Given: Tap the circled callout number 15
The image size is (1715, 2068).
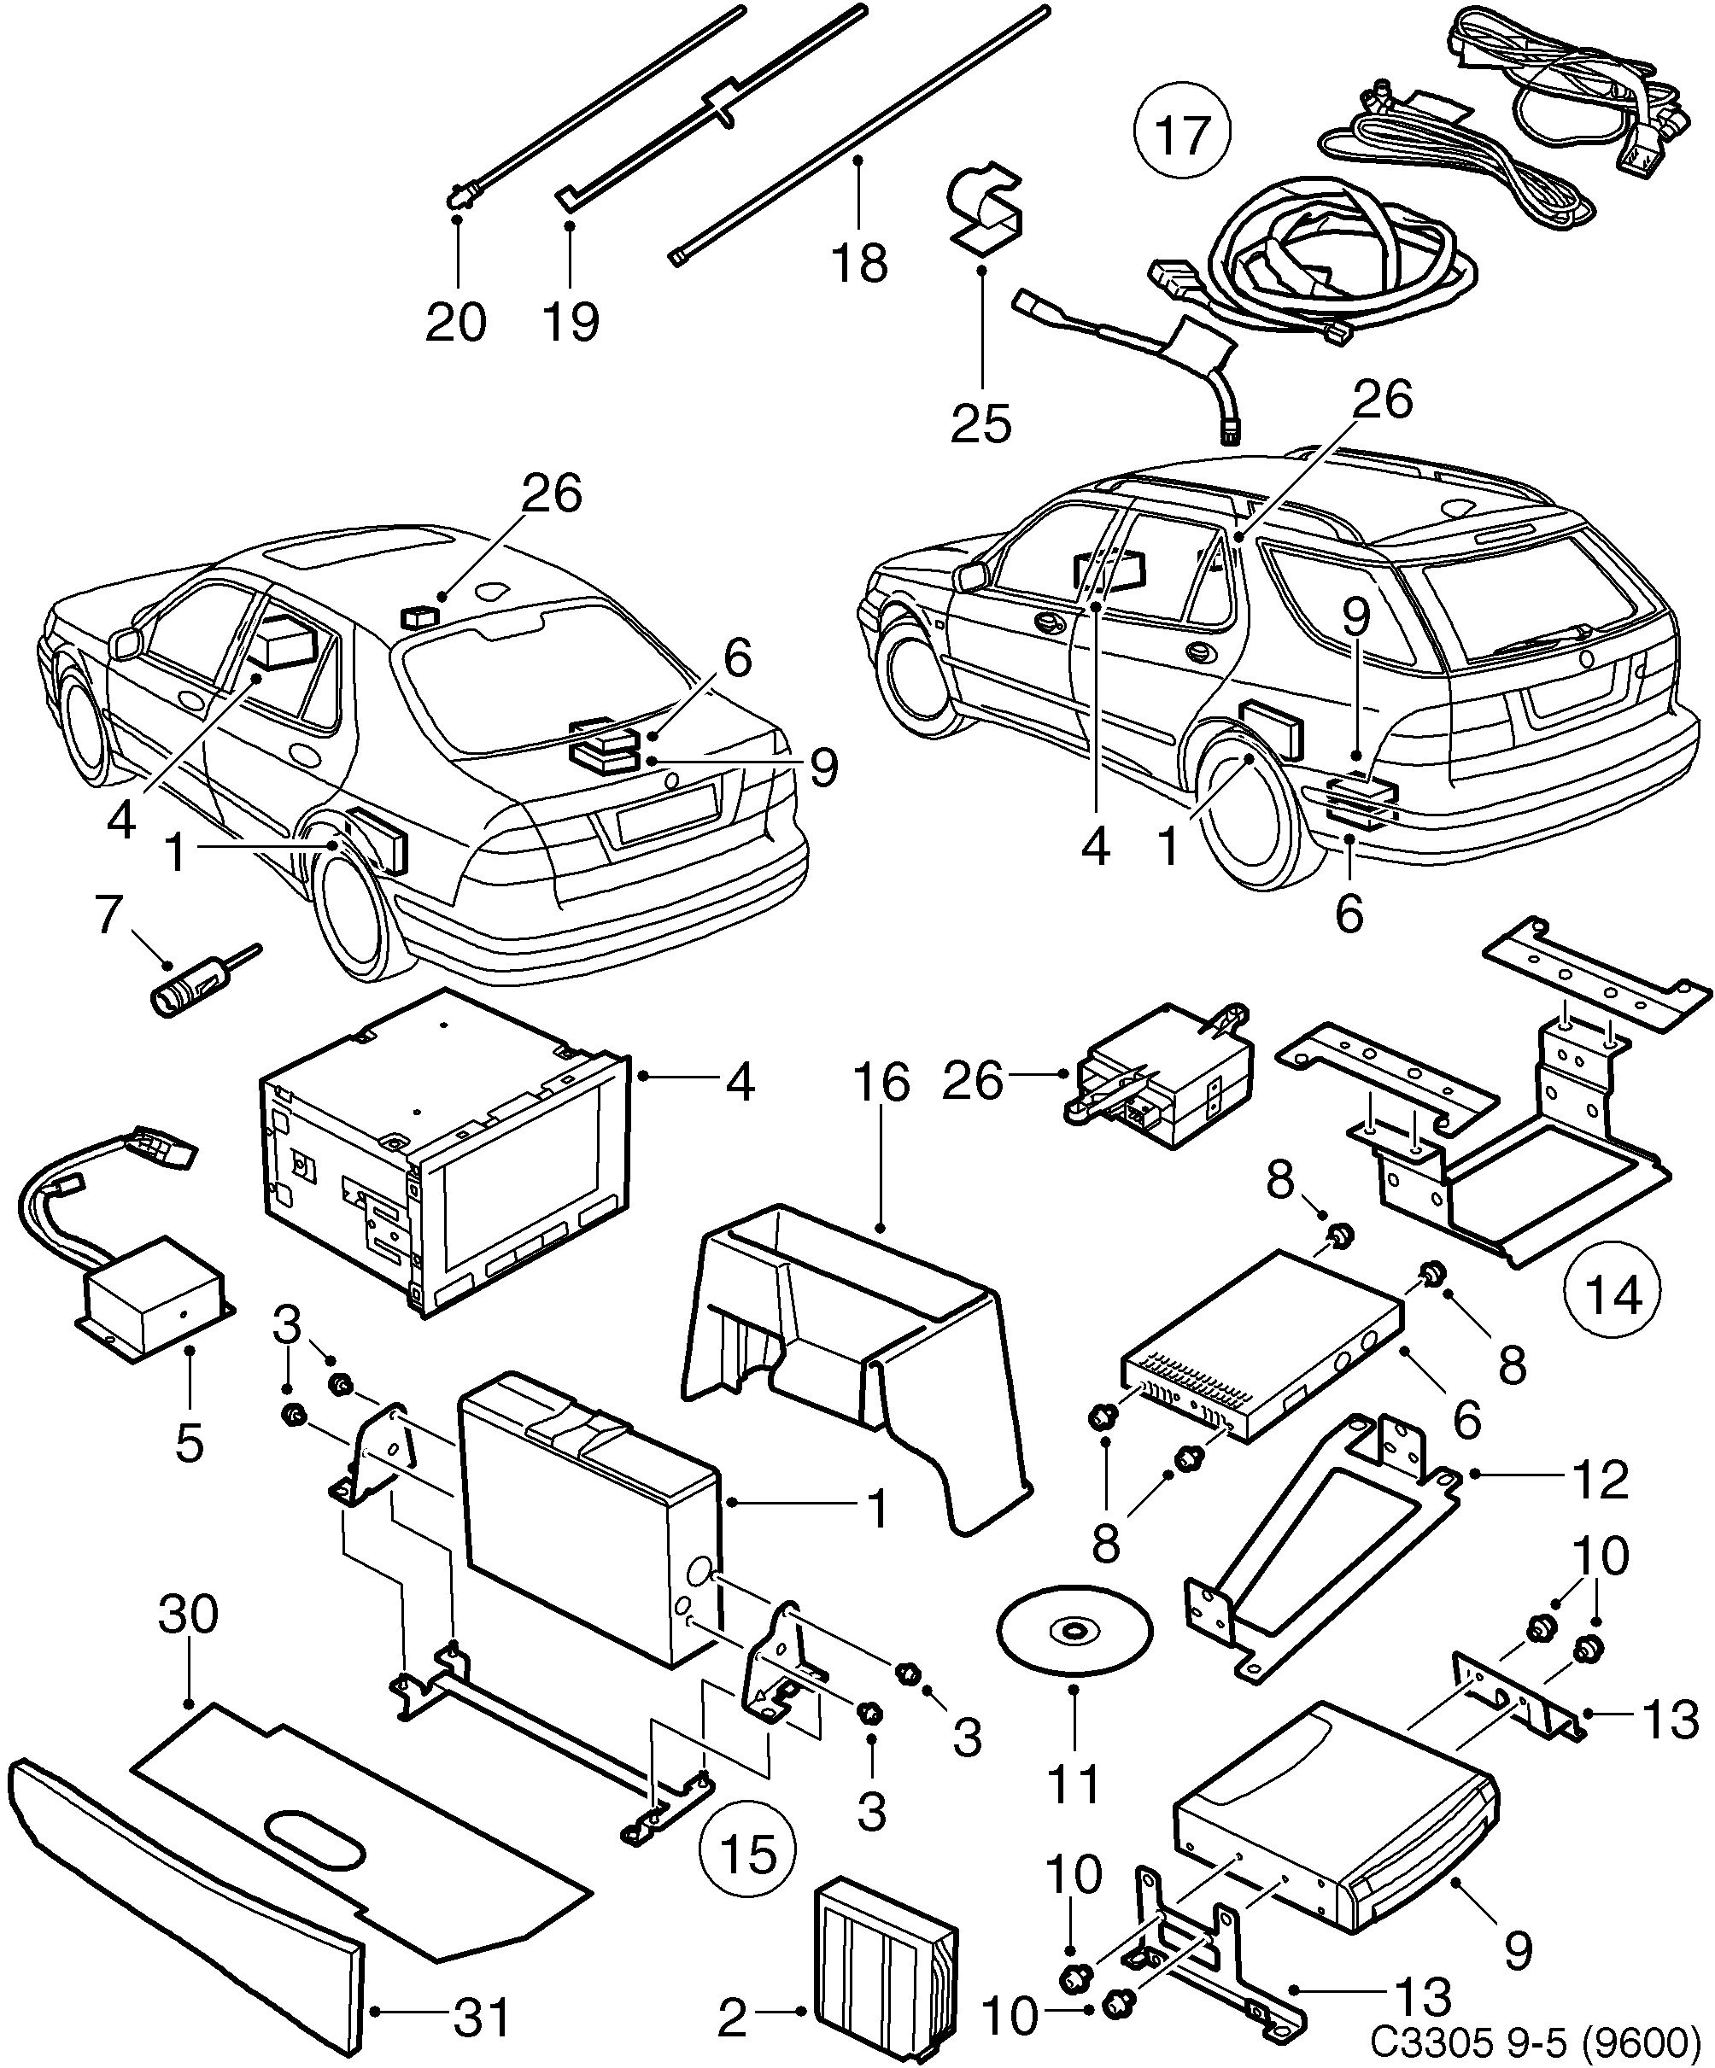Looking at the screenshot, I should pyautogui.click(x=747, y=1855).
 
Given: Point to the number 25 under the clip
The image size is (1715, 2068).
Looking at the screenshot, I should pyautogui.click(x=981, y=424).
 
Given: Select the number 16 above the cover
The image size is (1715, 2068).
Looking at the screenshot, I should pyautogui.click(x=881, y=1083).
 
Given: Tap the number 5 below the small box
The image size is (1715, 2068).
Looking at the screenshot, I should pyautogui.click(x=188, y=1443).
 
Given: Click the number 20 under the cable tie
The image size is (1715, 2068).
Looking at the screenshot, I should pyautogui.click(x=456, y=321).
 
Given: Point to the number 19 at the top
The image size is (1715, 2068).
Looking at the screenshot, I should pyautogui.click(x=571, y=321).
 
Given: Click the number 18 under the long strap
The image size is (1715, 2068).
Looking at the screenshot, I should pyautogui.click(x=860, y=263).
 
